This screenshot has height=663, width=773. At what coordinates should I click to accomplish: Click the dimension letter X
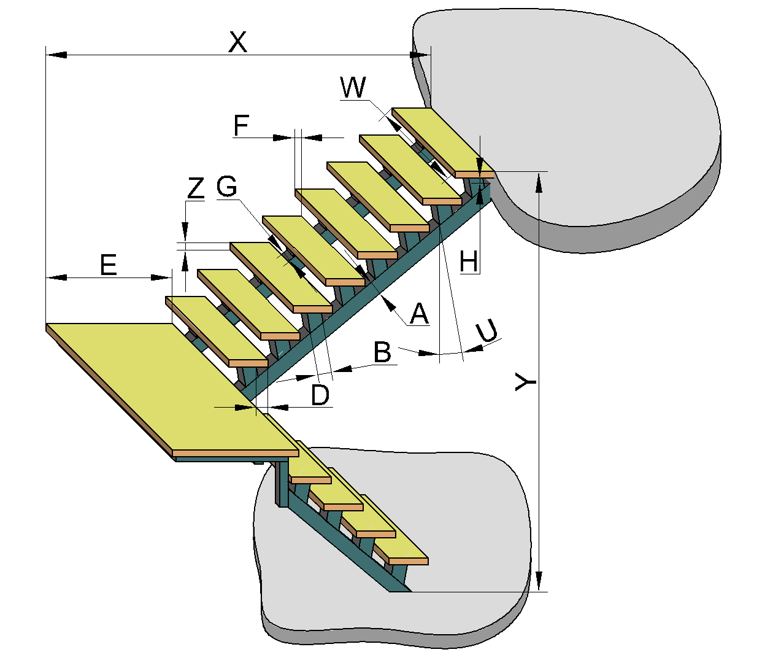[x=237, y=42]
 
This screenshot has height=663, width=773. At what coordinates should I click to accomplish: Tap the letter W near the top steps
[x=353, y=88]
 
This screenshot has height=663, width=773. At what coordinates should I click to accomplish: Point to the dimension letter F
[x=241, y=126]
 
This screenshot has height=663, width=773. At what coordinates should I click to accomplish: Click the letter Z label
[x=196, y=188]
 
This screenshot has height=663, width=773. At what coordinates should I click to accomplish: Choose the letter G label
[x=226, y=186]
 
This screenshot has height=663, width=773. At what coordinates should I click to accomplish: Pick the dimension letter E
[x=108, y=265]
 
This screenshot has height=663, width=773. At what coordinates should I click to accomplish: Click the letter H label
[x=469, y=262]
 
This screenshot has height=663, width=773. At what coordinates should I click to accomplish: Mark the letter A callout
[x=419, y=314]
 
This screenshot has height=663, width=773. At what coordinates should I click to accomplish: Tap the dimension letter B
[x=382, y=352]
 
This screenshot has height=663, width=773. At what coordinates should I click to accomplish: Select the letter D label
[x=320, y=395]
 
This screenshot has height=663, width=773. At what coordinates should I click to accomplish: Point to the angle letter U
[x=487, y=331]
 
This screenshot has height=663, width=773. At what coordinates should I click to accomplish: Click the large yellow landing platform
[x=172, y=387]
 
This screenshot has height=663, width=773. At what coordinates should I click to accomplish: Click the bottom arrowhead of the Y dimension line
[x=539, y=581]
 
